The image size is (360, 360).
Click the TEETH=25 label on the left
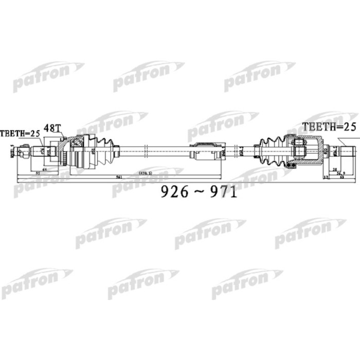click(x=20, y=133)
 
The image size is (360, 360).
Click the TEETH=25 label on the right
click(x=328, y=127)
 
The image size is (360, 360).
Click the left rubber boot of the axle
click(x=105, y=150)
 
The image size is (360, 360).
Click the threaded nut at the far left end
click(x=23, y=152)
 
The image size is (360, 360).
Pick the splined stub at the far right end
click(x=347, y=151)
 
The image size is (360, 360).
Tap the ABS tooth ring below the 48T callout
click(x=63, y=151)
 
